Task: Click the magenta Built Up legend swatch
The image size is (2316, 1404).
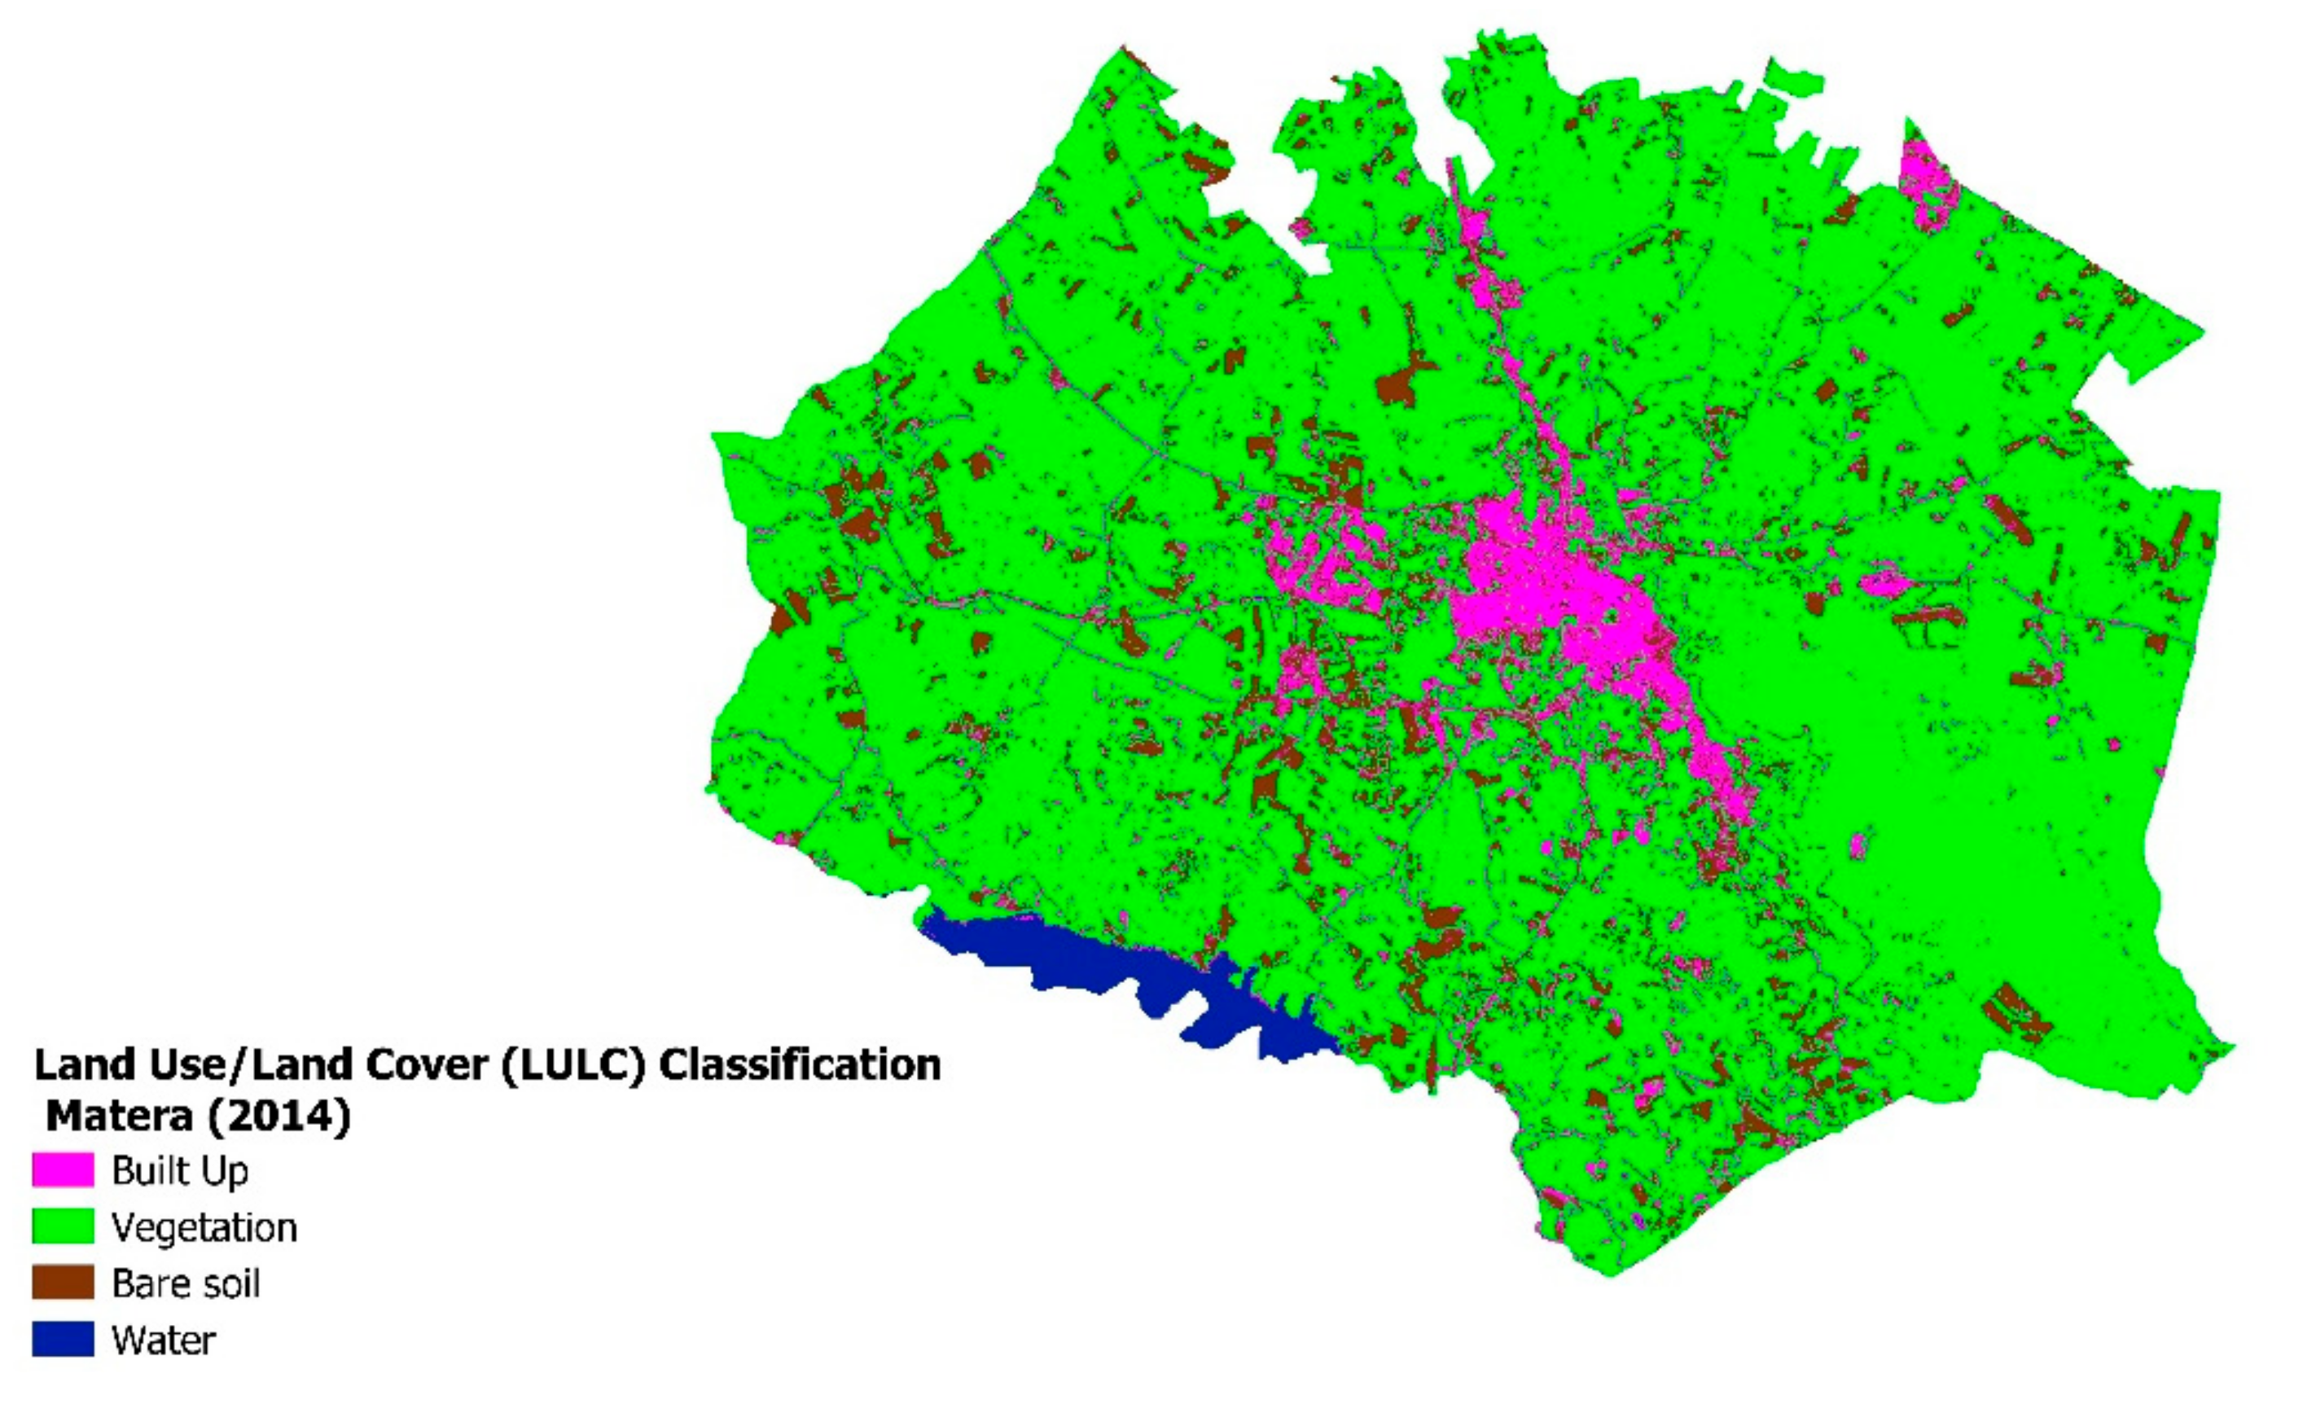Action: pos(63,1170)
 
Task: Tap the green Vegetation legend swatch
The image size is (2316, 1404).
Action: pos(63,1226)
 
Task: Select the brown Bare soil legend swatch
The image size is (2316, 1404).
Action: pos(63,1283)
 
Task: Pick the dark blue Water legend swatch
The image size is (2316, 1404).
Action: pos(63,1339)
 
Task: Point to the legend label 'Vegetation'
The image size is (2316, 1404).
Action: pos(204,1227)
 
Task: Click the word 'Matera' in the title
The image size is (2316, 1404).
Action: pos(118,1117)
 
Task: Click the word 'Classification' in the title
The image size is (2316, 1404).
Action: pos(799,1064)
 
